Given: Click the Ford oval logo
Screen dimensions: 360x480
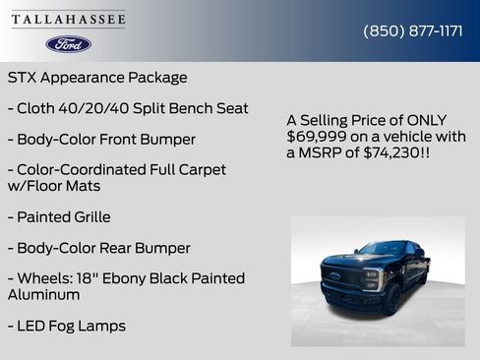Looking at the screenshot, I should click(68, 44).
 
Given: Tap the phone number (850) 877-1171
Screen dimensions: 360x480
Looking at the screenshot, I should click(413, 30).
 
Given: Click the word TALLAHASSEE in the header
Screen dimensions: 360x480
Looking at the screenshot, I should click(68, 19).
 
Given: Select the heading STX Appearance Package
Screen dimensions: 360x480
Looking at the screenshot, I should click(97, 77).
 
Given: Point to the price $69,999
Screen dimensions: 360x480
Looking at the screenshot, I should click(318, 136).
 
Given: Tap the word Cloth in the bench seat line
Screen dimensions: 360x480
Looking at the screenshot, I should click(40, 108).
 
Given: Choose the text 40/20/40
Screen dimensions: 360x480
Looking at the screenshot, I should click(101, 108).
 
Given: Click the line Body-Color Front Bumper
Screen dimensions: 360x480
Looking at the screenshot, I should click(101, 140).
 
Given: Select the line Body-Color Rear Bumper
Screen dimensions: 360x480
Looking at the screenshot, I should click(98, 248).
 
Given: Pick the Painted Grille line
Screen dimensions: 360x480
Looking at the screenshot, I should click(59, 216).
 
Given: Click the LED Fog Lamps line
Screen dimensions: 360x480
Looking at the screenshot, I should click(67, 326).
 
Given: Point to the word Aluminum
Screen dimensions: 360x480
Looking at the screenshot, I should click(44, 294).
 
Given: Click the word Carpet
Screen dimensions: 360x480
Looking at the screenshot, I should click(199, 170).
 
